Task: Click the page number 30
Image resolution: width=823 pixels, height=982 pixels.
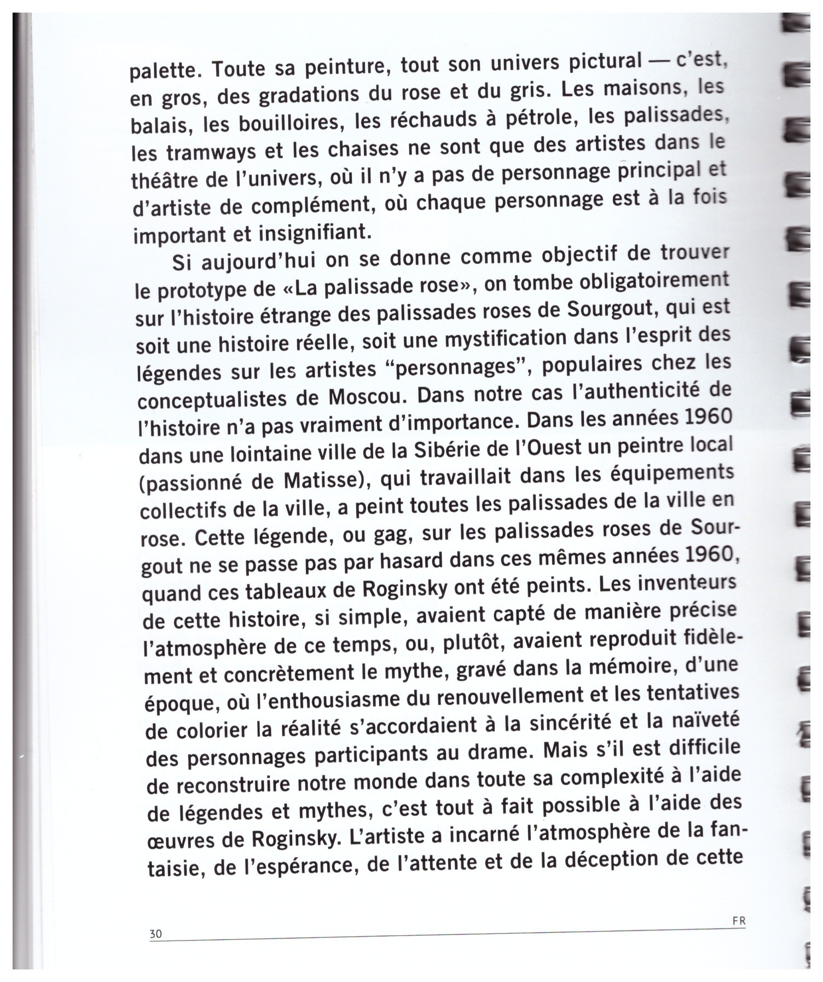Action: pos(156,934)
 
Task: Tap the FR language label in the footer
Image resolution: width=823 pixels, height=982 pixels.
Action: pos(739,921)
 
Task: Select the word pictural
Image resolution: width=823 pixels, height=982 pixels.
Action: pos(604,62)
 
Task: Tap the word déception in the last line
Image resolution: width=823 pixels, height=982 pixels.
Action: pos(614,859)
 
